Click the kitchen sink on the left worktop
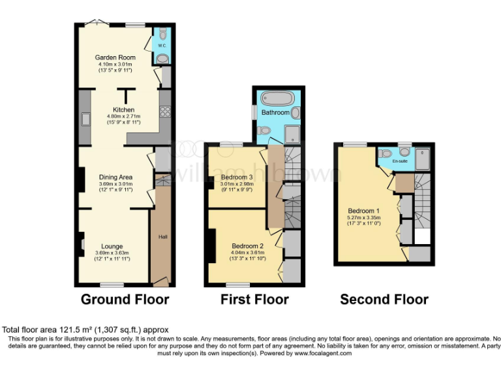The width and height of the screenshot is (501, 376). tap(85, 119)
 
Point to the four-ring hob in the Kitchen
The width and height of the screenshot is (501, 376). tap(164, 112)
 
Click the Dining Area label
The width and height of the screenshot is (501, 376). tap(115, 177)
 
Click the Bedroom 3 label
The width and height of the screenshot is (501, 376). tap(236, 178)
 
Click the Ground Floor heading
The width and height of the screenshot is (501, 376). tap(125, 300)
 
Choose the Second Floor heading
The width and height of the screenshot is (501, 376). tap(384, 300)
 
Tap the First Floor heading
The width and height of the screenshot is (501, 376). tap(254, 300)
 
